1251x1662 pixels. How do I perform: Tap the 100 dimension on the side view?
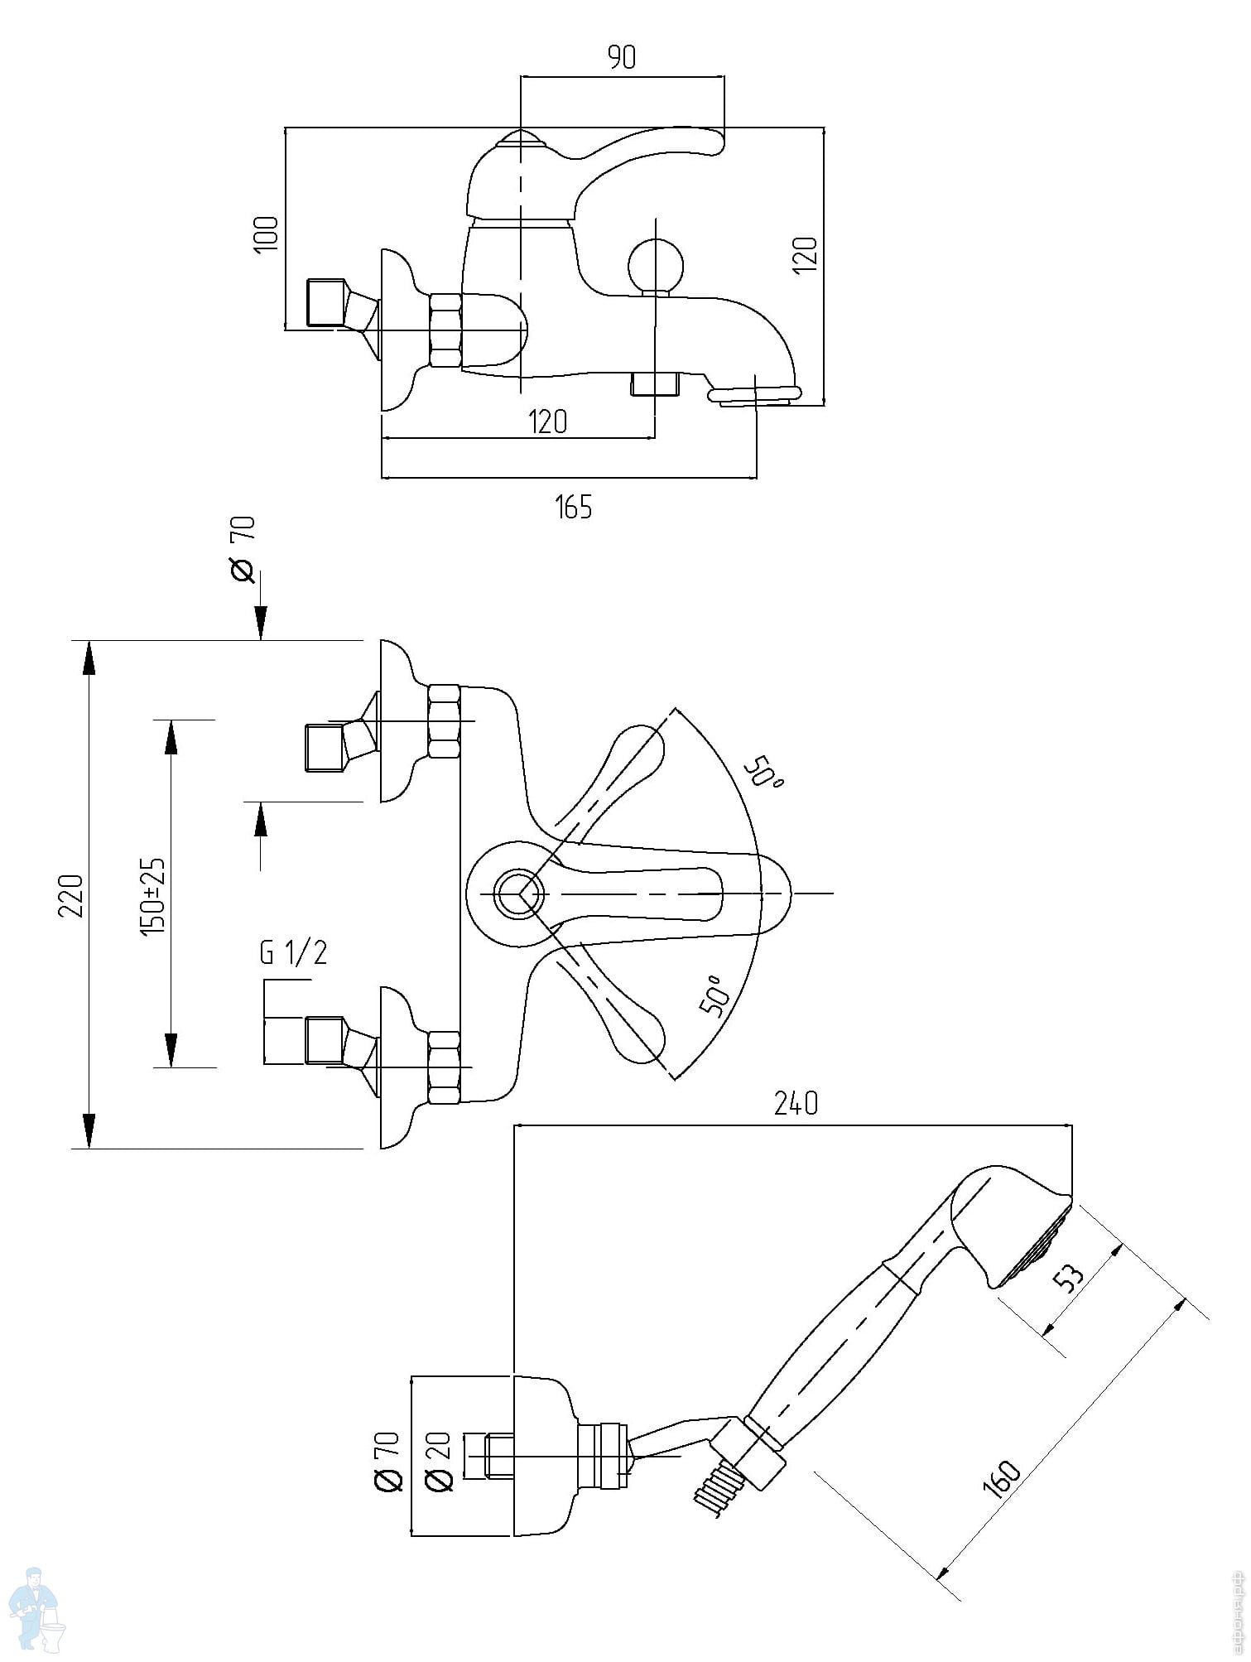click(267, 235)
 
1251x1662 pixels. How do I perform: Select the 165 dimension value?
click(574, 507)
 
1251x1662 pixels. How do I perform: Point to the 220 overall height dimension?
click(74, 895)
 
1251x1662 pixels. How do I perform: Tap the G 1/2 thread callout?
click(293, 953)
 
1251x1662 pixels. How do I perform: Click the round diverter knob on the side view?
click(656, 265)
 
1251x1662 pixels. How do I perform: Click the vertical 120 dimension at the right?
click(806, 255)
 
